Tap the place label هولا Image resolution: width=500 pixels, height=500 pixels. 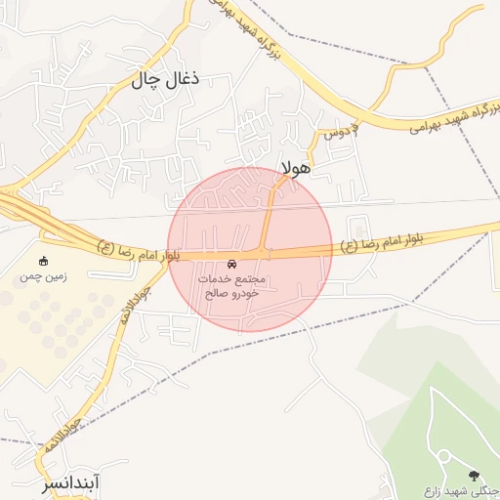click(295, 167)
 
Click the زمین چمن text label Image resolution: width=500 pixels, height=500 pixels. click(44, 277)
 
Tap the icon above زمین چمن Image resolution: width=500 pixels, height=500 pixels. click(44, 261)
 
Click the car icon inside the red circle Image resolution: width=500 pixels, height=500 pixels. click(231, 265)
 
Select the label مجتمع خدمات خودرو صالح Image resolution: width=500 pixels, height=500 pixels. click(231, 286)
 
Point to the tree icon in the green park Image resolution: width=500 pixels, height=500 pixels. click(475, 476)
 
